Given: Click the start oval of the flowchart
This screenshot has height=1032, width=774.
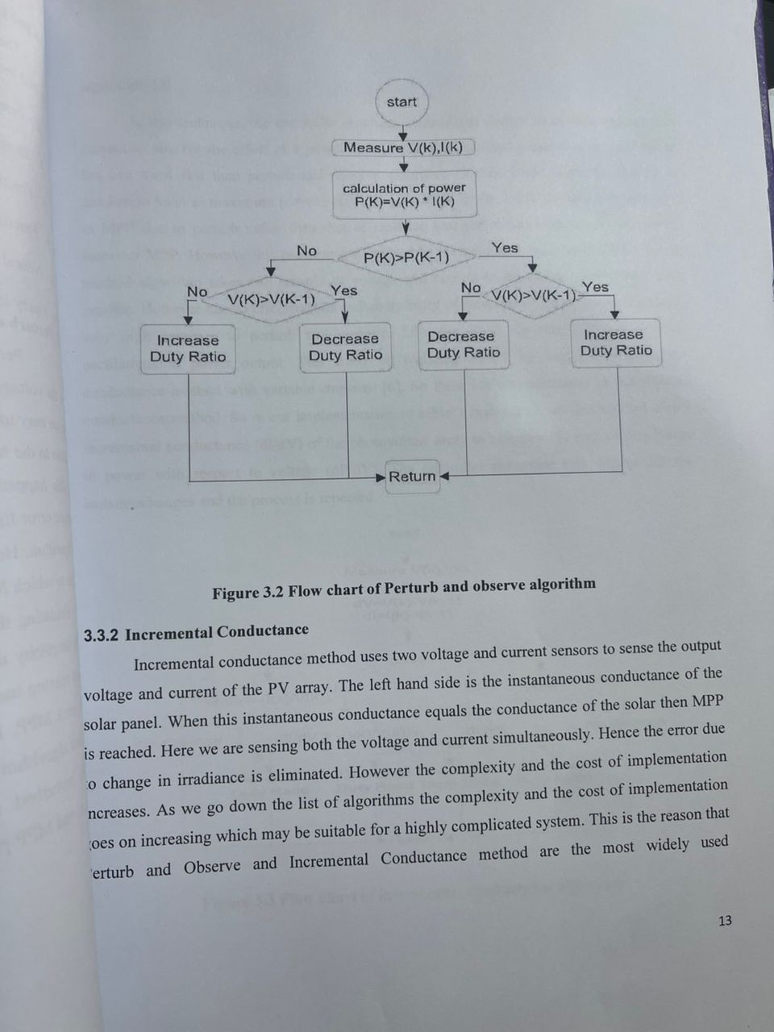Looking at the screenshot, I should pyautogui.click(x=402, y=102).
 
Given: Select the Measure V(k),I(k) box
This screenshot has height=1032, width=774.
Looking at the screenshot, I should pyautogui.click(x=403, y=148).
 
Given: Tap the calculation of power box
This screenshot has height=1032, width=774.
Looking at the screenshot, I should pyautogui.click(x=405, y=194).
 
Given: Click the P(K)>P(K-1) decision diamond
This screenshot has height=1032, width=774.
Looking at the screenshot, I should pyautogui.click(x=406, y=258).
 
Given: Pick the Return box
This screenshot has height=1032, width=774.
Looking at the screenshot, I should pyautogui.click(x=412, y=476).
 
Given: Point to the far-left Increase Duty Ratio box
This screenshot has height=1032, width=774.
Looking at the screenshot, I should pyautogui.click(x=188, y=349).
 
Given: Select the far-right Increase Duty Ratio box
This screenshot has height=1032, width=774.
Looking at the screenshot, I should pyautogui.click(x=615, y=343).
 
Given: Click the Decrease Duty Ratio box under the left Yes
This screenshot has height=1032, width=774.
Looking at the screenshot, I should pyautogui.click(x=345, y=347).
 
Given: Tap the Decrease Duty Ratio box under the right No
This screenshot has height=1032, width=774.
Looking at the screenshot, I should pyautogui.click(x=464, y=345).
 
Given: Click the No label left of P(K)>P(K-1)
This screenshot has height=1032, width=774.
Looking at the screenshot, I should pyautogui.click(x=306, y=251).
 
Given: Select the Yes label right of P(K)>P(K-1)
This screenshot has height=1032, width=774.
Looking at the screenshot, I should pyautogui.click(x=505, y=248).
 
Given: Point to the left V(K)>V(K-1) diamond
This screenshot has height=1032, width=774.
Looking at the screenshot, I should pyautogui.click(x=271, y=299).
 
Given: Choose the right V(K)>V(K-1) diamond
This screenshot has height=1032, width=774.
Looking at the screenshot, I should pyautogui.click(x=533, y=295).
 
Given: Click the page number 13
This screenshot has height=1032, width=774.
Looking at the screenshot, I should pyautogui.click(x=724, y=921).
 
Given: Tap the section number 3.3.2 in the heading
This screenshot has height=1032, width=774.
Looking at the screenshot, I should pyautogui.click(x=102, y=635).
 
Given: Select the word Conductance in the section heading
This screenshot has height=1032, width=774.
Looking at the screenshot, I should pyautogui.click(x=263, y=631).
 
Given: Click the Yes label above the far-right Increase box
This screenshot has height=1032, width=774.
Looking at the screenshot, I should pyautogui.click(x=595, y=287).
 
